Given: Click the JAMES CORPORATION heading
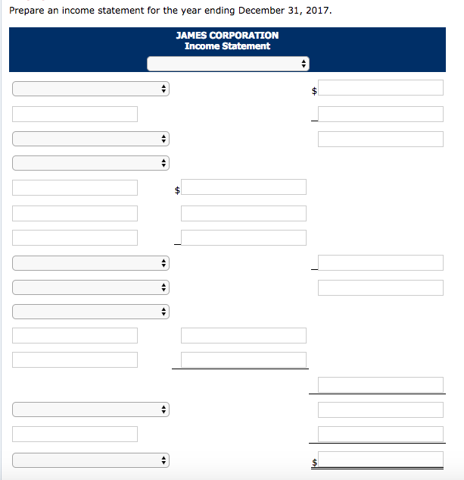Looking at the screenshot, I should (x=227, y=35).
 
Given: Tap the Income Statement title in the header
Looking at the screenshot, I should (x=227, y=46).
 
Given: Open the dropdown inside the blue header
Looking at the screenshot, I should (x=227, y=64).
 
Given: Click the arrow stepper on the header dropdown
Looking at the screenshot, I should (x=304, y=64).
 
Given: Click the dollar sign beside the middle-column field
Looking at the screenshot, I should (x=176, y=190).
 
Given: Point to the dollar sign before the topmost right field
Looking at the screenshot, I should (x=314, y=91).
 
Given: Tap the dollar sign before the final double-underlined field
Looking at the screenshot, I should (x=314, y=462).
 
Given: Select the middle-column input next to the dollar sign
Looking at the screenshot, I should (x=244, y=187).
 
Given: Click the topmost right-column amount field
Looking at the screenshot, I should (x=380, y=88).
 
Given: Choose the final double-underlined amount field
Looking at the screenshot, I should (x=380, y=460).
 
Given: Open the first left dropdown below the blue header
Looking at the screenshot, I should (x=90, y=89).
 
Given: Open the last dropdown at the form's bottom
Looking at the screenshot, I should (x=90, y=460).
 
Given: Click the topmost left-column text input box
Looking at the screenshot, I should (x=75, y=115).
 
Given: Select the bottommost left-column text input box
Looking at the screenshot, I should (x=75, y=435).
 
